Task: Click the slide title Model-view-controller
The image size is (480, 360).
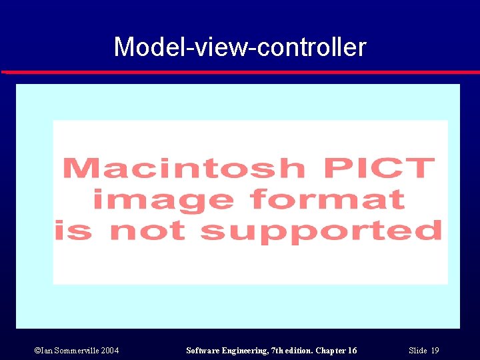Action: coord(240,47)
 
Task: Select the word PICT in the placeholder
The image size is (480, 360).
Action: coord(378,167)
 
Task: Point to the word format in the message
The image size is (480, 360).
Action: coord(327,199)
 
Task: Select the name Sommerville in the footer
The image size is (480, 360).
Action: coord(75,351)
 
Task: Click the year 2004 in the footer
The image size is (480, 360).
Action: coord(110,351)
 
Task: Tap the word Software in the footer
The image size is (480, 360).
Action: coord(203,351)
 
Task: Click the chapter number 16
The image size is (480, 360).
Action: coord(352,351)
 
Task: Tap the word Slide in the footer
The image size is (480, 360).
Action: coord(417,351)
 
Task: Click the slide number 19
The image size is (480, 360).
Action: coord(435,351)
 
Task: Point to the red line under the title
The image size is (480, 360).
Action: coord(240,71)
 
